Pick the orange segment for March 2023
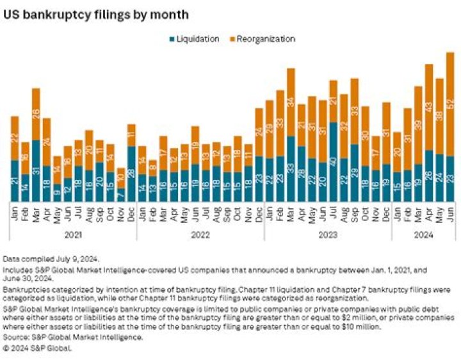point(290,102)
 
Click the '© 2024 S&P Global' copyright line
point(38,348)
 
